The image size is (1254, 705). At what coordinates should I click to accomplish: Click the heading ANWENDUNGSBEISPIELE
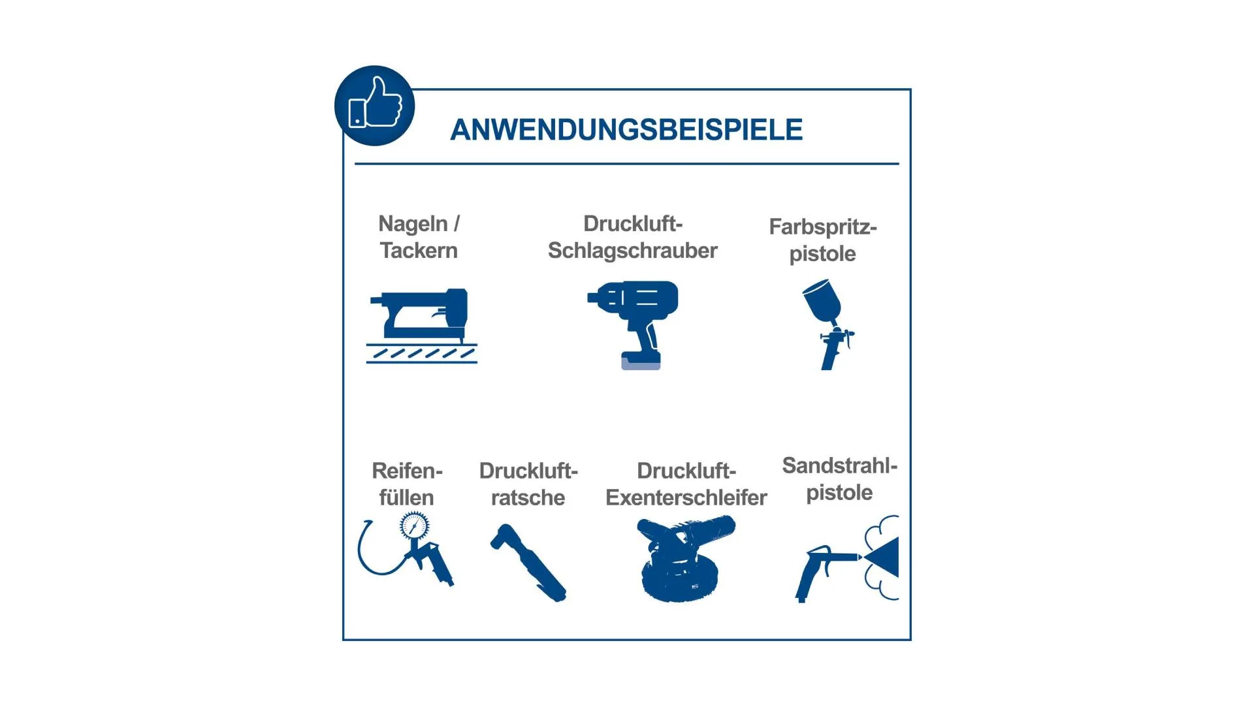[626, 130]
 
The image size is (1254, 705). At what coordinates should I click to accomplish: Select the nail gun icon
[421, 325]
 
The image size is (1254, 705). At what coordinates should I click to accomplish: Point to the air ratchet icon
[528, 562]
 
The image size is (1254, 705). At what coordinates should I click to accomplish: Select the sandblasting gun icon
[847, 559]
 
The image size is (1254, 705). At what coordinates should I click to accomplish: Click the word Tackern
[419, 251]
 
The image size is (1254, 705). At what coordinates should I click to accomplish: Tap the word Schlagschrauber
[632, 251]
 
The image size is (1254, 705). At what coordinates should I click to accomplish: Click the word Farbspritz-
[822, 227]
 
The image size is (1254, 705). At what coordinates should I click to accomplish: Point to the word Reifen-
[407, 471]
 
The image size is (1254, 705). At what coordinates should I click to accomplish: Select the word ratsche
[528, 497]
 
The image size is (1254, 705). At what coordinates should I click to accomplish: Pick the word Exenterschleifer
[686, 497]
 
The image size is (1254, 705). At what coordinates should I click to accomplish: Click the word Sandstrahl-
[839, 465]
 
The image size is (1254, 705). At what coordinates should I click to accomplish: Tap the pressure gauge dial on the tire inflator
[414, 525]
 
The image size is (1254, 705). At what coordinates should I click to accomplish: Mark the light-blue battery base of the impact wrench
[641, 363]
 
